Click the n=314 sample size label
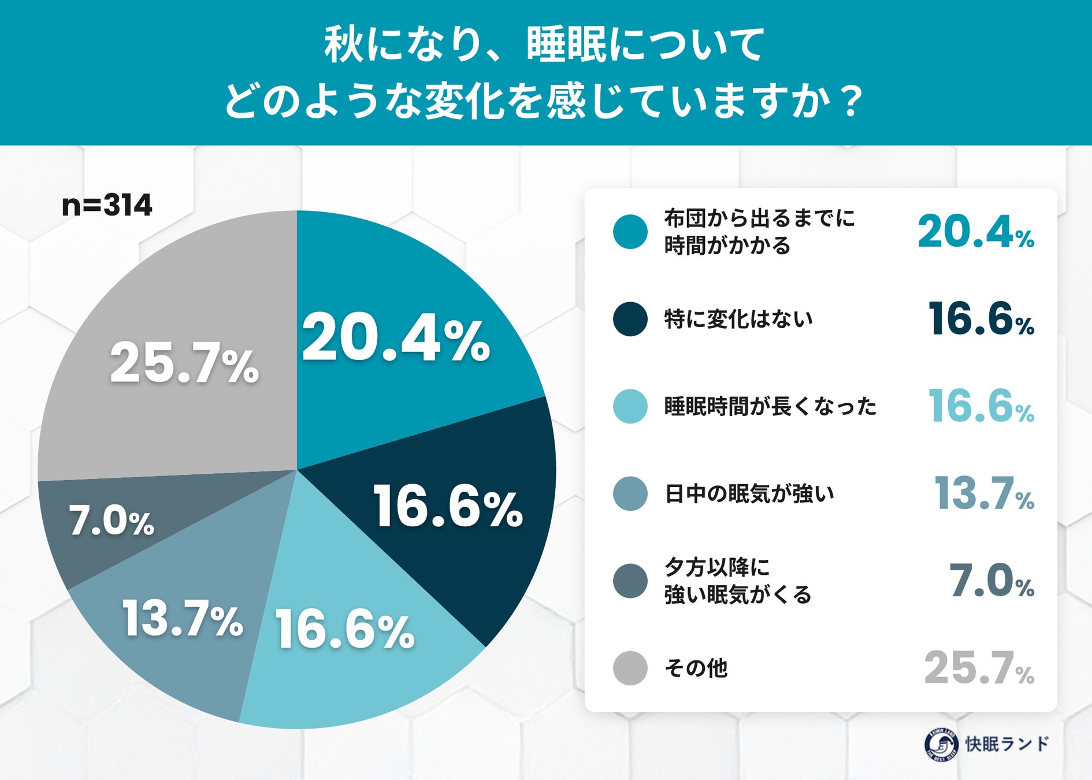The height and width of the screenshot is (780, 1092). (x=107, y=205)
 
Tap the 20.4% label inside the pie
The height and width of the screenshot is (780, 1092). (x=396, y=340)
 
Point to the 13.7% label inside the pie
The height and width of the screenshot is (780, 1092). (x=183, y=619)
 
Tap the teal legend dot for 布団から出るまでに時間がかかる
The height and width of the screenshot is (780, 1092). (x=630, y=232)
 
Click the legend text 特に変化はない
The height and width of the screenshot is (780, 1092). (x=738, y=319)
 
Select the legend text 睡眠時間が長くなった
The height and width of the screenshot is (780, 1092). (x=770, y=406)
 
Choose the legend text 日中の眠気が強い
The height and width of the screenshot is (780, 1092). (x=749, y=494)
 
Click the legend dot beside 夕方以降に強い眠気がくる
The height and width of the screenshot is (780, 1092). (x=630, y=581)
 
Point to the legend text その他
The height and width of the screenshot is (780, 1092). (x=696, y=668)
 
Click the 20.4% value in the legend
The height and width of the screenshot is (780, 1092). (x=976, y=232)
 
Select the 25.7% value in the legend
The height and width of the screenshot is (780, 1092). (x=979, y=668)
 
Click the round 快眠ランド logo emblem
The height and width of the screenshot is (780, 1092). (x=942, y=745)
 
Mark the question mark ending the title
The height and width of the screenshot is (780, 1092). (x=850, y=101)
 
